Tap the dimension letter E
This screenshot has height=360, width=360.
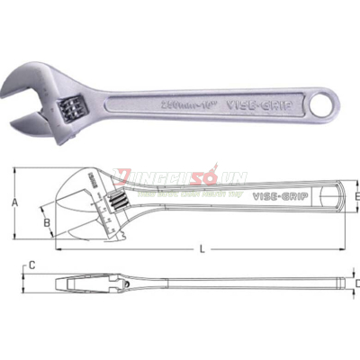tap(356, 195)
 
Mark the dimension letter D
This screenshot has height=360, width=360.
tap(356, 284)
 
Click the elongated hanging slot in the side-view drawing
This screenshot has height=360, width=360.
tap(335, 195)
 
